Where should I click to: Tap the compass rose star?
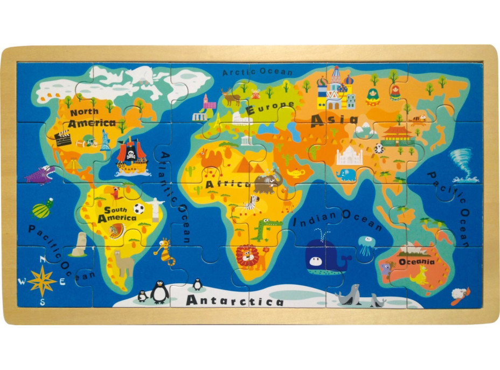(x=41, y=281)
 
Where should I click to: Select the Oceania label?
(x=417, y=262)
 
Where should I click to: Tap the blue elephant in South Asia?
(x=346, y=175)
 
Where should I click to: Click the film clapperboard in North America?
(x=63, y=138)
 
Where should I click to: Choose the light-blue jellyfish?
(x=366, y=245)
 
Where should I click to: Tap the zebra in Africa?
(x=252, y=204)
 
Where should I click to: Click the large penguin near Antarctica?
(x=159, y=292)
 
